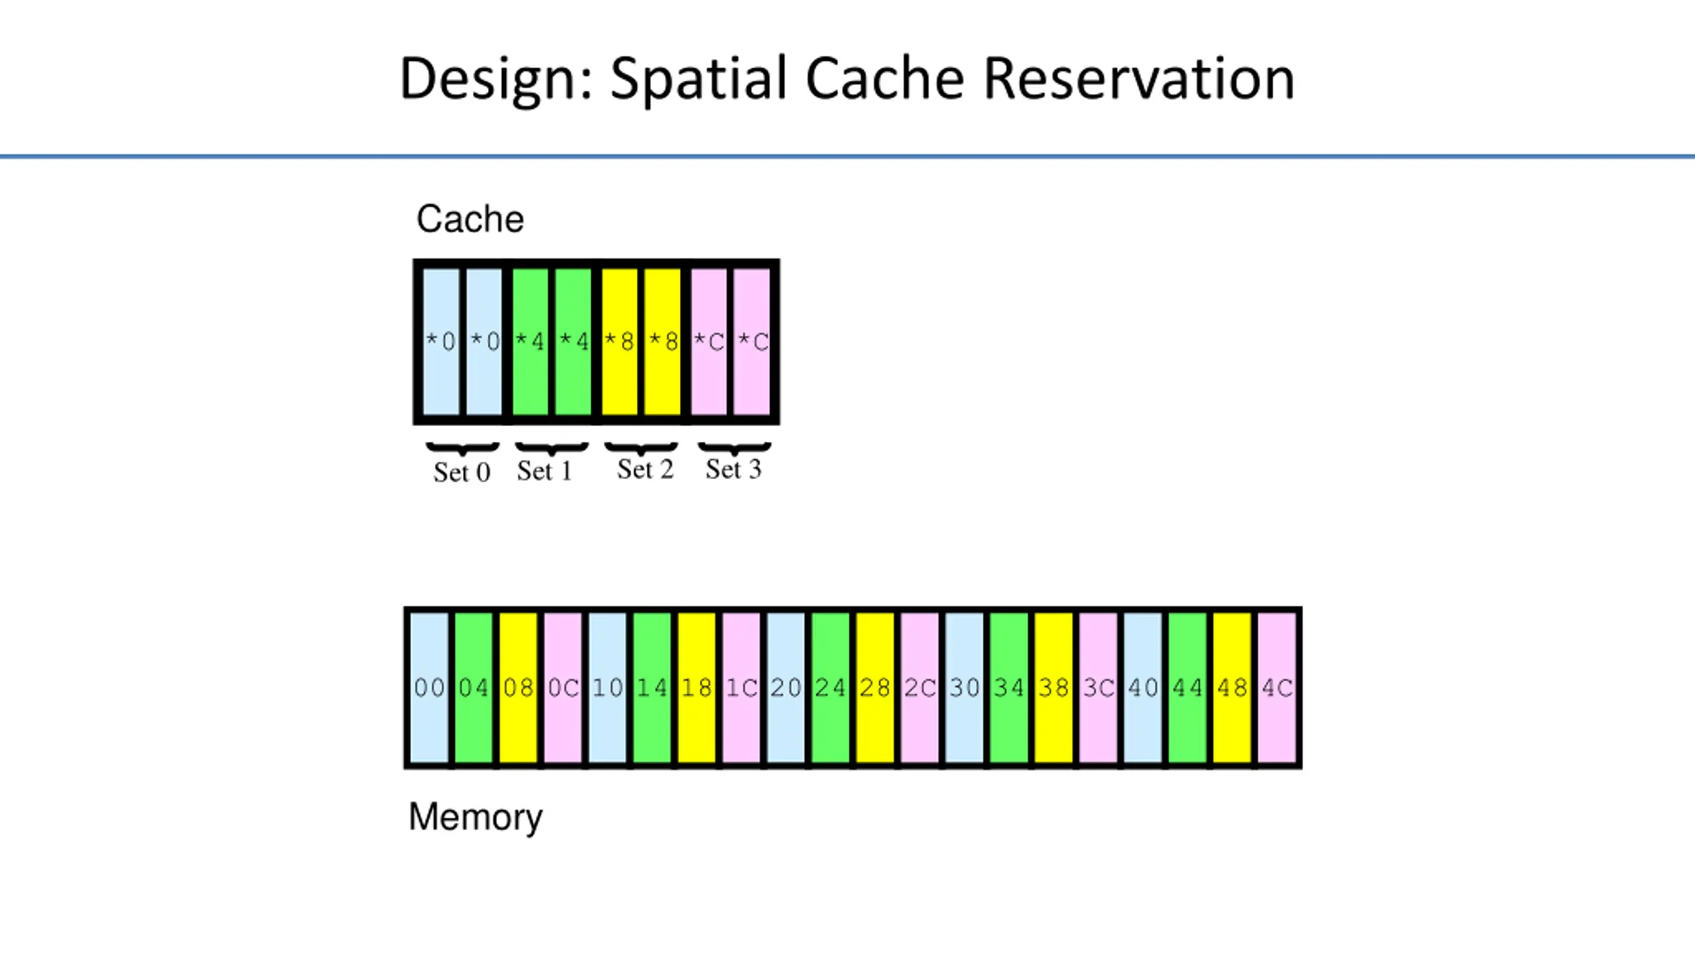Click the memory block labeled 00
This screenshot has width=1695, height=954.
coord(429,688)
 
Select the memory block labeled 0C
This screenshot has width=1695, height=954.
coord(563,688)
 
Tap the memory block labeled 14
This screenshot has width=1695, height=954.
coord(652,688)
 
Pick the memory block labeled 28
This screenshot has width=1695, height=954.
coord(875,688)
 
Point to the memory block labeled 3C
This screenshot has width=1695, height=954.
coord(1098,688)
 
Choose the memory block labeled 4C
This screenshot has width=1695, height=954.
coord(1277,688)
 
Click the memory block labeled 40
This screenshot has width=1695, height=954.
coord(1143,688)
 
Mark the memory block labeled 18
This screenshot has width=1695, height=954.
coord(697,688)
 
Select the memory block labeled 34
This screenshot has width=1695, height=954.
coord(1009,688)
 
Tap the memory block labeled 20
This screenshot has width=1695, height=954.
coord(786,688)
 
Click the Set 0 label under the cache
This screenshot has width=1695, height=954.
coord(462,472)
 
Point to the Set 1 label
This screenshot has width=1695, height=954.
coord(544,471)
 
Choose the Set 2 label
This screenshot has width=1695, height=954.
coord(645,470)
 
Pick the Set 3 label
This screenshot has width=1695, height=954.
coord(734,470)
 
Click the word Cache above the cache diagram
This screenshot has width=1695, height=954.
coord(470,219)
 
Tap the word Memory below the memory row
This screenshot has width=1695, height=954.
coord(475,817)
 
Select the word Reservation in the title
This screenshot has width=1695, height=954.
coord(1139,79)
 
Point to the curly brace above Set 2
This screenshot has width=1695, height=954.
coord(641,449)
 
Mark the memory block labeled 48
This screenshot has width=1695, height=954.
coord(1232,688)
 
